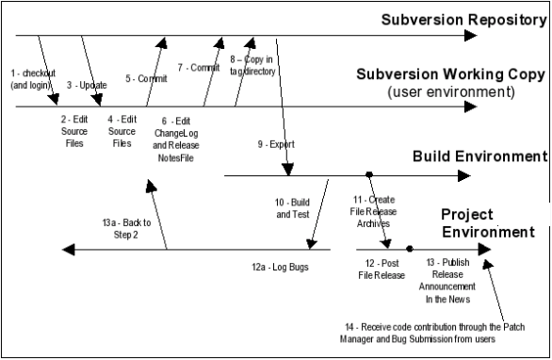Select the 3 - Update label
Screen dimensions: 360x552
coord(86,85)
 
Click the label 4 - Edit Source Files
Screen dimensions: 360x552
coord(122,131)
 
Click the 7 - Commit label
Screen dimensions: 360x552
coord(198,68)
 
